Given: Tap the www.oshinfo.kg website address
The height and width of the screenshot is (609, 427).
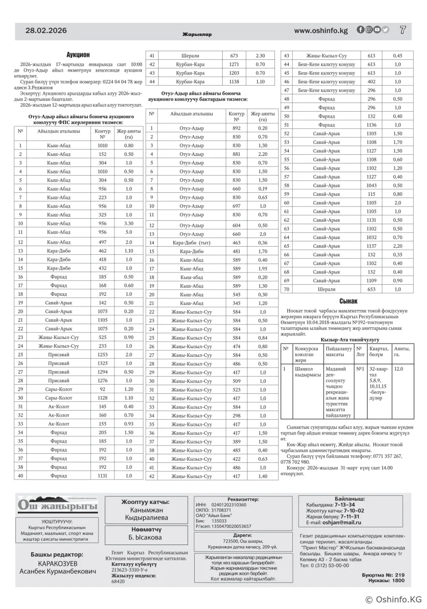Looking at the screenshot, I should point(321,30).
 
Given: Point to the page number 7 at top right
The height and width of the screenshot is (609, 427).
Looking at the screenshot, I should point(403,30).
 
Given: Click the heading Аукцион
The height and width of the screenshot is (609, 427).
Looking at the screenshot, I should point(78,54).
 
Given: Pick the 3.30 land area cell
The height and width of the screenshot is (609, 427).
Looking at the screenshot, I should point(129,223).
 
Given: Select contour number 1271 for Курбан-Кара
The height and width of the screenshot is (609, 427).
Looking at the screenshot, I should point(234,64).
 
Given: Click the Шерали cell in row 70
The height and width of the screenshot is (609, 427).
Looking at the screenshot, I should point(326,289).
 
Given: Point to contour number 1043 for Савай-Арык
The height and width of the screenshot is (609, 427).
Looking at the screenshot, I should point(371,185).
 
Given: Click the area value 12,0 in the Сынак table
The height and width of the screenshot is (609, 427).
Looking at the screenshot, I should point(398,369).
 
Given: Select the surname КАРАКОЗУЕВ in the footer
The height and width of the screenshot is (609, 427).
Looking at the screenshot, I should point(57,564).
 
